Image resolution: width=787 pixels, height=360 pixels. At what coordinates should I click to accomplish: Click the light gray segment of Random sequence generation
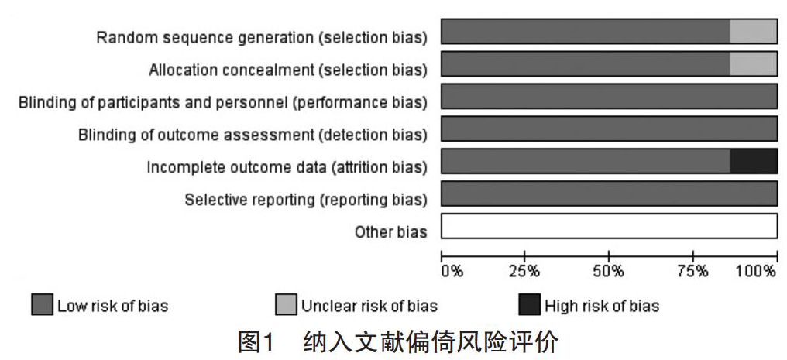point(754,32)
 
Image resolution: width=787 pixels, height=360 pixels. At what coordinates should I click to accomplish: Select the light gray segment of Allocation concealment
point(754,63)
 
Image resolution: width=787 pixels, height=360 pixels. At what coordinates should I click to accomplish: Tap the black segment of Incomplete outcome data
point(754,161)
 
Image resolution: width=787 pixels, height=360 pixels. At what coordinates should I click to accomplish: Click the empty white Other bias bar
point(610,225)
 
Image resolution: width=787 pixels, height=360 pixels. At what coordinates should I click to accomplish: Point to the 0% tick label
point(452,272)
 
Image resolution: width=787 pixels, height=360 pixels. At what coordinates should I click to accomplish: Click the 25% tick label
point(524,272)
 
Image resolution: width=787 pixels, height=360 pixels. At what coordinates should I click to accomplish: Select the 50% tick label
point(609,272)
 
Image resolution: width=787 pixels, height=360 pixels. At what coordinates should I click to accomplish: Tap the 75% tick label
point(693,272)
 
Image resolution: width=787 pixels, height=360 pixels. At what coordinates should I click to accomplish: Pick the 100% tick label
point(756,272)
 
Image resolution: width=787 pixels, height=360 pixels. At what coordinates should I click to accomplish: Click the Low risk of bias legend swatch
point(42,305)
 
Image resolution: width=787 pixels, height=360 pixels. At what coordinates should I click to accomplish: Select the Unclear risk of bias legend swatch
point(286,305)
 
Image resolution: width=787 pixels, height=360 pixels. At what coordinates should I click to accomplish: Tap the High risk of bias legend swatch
point(529,305)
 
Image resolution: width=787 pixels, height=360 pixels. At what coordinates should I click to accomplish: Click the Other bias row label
point(391,232)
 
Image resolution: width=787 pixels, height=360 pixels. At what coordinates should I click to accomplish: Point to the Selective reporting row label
point(306,200)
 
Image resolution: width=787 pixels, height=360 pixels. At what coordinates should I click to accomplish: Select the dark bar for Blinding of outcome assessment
point(610,129)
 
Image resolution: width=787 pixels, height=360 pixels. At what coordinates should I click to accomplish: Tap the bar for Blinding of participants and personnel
point(610,96)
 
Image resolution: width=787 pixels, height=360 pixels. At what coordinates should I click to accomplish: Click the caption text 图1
point(256,342)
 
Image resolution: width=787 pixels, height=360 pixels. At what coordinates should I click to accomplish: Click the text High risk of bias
point(602,305)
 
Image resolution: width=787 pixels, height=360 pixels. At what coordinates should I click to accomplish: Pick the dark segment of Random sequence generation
point(586,32)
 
